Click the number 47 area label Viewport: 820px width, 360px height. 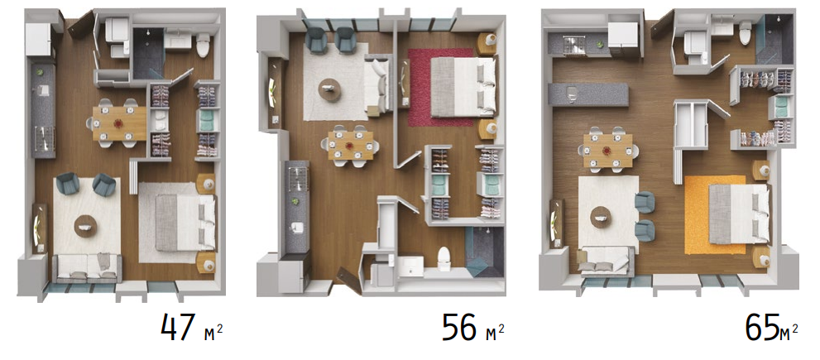pyautogui.click(x=179, y=327)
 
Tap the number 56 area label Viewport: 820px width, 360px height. pyautogui.click(x=459, y=327)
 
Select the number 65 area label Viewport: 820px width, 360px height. pyautogui.click(x=761, y=328)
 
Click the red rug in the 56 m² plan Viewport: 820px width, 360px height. pyautogui.click(x=440, y=88)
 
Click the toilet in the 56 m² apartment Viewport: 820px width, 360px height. pyautogui.click(x=444, y=257)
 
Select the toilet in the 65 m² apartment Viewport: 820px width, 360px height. pyautogui.click(x=746, y=33)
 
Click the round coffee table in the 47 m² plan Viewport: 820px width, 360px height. pyautogui.click(x=86, y=226)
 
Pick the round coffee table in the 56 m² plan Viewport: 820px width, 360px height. pyautogui.click(x=330, y=90)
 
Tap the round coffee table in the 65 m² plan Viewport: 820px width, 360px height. pyautogui.click(x=602, y=216)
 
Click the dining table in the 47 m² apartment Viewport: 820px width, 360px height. pyautogui.click(x=120, y=123)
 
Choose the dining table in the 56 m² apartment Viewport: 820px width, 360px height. pyautogui.click(x=351, y=145)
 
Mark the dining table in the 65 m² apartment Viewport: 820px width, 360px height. pyautogui.click(x=607, y=150)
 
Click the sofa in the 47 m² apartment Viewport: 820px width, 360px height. pyautogui.click(x=88, y=268)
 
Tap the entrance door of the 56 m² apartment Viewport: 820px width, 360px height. pyautogui.click(x=348, y=280)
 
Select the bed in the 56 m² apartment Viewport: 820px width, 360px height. pyautogui.click(x=463, y=86)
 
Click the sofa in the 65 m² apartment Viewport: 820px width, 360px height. pyautogui.click(x=605, y=260)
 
